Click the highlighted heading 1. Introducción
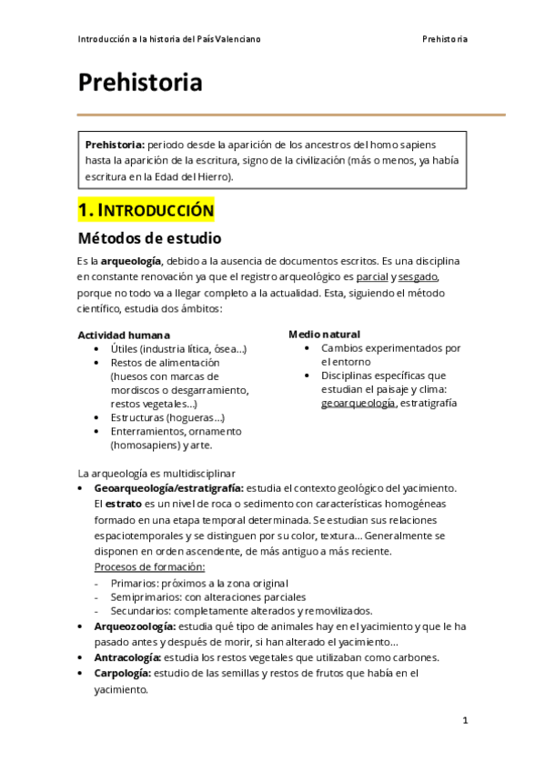click(x=146, y=211)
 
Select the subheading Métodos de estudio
click(x=148, y=239)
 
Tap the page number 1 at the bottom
click(x=465, y=720)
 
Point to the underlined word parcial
click(x=373, y=276)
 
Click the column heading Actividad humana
click(x=123, y=335)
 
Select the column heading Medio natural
click(x=324, y=334)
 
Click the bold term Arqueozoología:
click(x=136, y=626)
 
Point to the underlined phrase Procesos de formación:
click(x=137, y=567)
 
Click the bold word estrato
click(x=123, y=503)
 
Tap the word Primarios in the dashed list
click(x=135, y=583)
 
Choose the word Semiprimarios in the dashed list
click(x=146, y=597)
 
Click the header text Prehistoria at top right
click(x=445, y=40)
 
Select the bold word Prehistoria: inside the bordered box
click(x=114, y=145)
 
